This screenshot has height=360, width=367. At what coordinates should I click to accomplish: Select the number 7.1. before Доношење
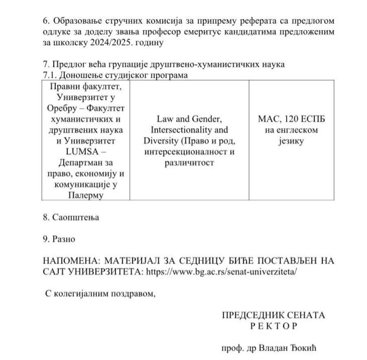pos(51,75)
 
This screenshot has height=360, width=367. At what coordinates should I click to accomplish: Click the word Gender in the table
pos(208,120)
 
